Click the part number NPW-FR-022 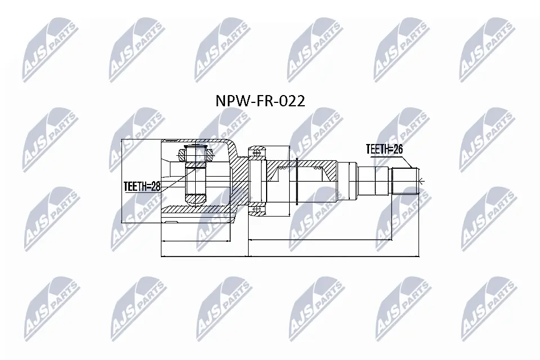click(260, 101)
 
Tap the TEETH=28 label click(142, 186)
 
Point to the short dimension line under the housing click(197, 241)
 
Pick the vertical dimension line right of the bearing click(289, 180)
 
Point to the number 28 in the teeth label click(155, 186)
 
